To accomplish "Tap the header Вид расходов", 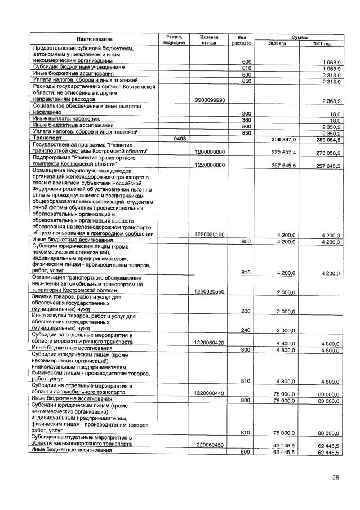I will [x=242, y=38].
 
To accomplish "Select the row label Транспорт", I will [x=50, y=138].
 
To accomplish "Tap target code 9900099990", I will [x=208, y=101].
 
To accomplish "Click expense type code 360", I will [x=246, y=120].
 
